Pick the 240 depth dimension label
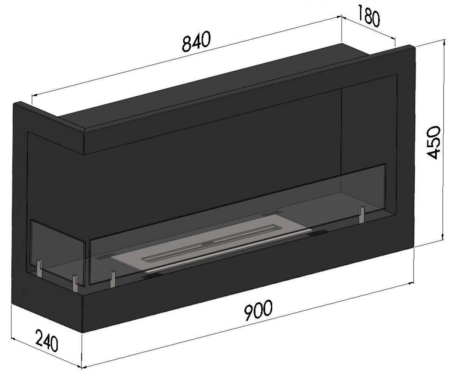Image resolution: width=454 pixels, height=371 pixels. pos(47,340)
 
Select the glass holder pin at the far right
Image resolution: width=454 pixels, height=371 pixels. pos(362,215)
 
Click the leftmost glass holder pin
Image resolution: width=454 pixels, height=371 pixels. pos(39,267)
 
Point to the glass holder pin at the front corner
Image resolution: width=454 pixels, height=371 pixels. pos(75,283)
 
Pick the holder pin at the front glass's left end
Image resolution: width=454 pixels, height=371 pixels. pos(112,279)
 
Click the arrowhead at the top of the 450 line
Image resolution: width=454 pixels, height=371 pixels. pos(443,42)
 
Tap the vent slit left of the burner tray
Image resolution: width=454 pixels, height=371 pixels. pos(103,257)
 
